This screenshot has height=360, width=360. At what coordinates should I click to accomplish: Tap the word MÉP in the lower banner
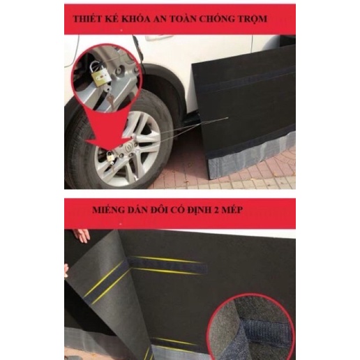point(232,210)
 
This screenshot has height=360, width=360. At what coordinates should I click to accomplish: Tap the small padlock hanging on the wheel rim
point(110,158)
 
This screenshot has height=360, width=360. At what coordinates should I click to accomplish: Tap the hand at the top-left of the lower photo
point(82,235)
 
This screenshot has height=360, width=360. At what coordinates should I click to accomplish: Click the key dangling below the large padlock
point(110,100)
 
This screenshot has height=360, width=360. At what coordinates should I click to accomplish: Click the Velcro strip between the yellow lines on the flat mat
point(168,264)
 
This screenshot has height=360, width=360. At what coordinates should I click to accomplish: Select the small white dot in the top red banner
point(121,30)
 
